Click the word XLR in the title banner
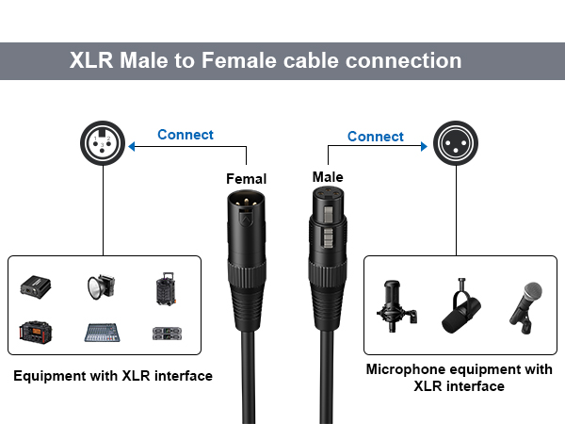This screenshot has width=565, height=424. [91, 60]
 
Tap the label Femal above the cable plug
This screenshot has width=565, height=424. [247, 179]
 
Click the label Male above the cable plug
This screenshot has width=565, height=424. [328, 177]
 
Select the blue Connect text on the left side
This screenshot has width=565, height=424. [186, 135]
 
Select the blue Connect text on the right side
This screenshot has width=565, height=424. [376, 137]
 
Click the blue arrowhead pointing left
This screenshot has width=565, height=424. [132, 146]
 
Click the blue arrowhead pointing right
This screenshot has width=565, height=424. [424, 146]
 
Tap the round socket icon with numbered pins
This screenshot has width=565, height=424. [103, 143]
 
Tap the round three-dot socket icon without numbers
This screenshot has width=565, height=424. [456, 143]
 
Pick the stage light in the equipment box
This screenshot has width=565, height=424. [102, 286]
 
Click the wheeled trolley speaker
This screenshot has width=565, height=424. [166, 289]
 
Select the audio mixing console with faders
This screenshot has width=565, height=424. [102, 333]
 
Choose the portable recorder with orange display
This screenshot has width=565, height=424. [36, 332]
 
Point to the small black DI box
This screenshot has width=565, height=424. [36, 286]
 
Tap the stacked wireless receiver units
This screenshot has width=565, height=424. [167, 334]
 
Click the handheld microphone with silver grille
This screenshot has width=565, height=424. [525, 308]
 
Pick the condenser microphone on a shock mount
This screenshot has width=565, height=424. [395, 306]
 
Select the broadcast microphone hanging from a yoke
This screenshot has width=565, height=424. [460, 305]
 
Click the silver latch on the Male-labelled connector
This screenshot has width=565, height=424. [328, 215]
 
